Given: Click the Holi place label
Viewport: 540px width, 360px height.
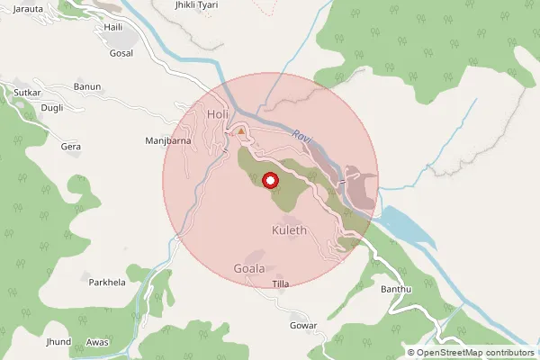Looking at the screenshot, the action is pos(218,115).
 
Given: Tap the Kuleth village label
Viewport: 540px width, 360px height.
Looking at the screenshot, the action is pos(289,230).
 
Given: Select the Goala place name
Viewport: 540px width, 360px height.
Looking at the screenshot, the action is pos(249,268).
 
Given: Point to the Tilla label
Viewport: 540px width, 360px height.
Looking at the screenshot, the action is pos(281,284).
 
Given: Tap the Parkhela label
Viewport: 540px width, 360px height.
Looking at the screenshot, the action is pos(108,282).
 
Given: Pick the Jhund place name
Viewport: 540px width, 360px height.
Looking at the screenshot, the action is pos(58,343).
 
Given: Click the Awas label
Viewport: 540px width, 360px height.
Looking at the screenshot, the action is pos(97,343).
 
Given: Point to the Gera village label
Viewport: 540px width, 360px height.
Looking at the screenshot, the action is pos(70,146).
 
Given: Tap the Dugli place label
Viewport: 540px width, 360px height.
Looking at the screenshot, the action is pos(52,108).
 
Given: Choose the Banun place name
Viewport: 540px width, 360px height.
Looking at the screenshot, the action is pos(87,86).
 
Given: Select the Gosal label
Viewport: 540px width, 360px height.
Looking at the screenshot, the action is pos(121,53).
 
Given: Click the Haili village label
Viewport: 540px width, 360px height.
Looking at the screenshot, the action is pos(113,28).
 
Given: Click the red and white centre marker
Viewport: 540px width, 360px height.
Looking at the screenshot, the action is pos(271,182).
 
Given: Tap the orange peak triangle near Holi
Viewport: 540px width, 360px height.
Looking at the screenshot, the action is pos(240,131).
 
